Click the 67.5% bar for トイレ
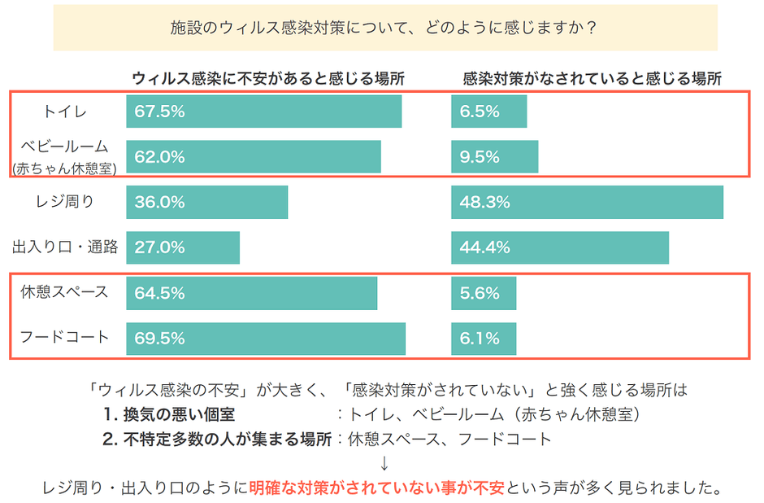coord(263,112)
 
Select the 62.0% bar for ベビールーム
coord(253,157)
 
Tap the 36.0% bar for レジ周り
coord(206,203)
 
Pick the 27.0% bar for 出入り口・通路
coord(182,247)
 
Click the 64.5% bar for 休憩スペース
coord(251,293)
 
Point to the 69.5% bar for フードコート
coord(265,339)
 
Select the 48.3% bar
coord(587,203)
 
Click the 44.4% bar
coord(559,247)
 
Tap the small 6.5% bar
coord(488,112)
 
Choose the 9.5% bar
coord(494,157)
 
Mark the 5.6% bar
coord(484,293)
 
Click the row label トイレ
coord(64,112)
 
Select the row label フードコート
coord(64,336)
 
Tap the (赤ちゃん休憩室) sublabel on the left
coord(65,168)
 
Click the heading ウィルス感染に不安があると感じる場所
coord(268,79)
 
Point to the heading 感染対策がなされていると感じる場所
coord(592,79)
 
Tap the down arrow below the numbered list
coord(384,465)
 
